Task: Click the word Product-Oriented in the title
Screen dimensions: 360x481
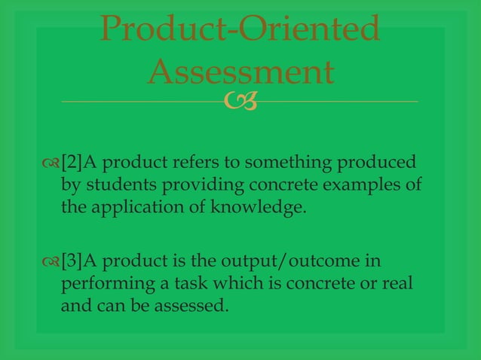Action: click(x=240, y=30)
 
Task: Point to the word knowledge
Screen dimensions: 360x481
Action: click(x=267, y=208)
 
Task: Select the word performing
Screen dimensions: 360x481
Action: click(x=100, y=285)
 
